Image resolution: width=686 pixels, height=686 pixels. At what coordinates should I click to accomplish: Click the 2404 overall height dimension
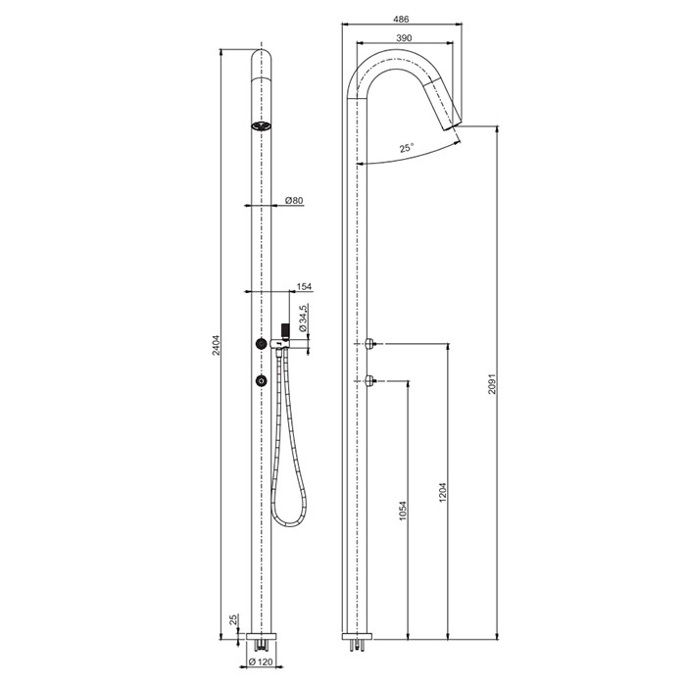217,345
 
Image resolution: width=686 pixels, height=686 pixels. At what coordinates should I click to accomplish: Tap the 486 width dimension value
401,20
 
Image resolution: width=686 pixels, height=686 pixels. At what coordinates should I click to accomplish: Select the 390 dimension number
404,38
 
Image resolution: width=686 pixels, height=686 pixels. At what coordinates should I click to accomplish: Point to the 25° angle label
407,148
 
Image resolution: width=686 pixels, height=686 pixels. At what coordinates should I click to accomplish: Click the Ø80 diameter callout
294,200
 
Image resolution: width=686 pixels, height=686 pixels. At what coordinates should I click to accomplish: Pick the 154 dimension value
304,286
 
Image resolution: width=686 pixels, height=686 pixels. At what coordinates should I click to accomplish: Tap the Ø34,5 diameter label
302,318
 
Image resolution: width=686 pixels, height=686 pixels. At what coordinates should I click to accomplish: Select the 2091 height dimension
492,384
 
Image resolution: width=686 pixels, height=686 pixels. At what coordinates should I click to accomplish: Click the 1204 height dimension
443,492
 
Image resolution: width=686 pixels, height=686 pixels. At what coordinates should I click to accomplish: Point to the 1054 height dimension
403,511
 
